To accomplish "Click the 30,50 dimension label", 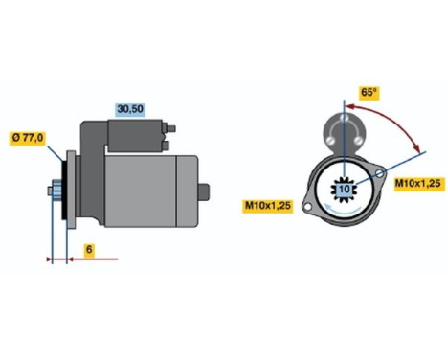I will pos(130,110).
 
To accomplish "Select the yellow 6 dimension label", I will pos(87,250).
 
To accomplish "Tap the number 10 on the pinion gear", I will pos(343,191).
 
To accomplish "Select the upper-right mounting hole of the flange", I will pos(382,174).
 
